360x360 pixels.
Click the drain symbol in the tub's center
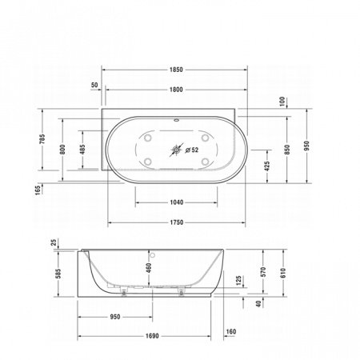178,149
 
